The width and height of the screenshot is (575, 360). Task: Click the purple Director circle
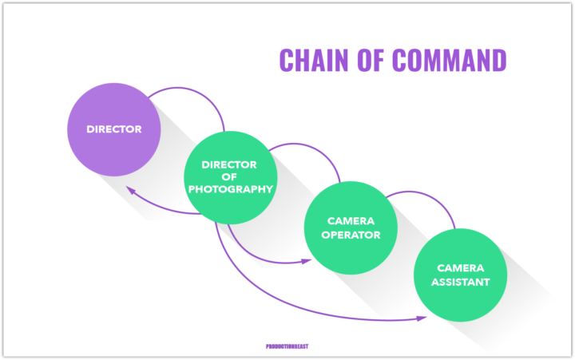click(114, 129)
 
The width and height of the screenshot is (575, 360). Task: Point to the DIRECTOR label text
click(114, 129)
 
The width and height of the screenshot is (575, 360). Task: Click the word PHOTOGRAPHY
click(230, 189)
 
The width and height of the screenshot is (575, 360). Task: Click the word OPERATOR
click(352, 235)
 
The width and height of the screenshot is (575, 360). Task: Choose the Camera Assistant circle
click(460, 275)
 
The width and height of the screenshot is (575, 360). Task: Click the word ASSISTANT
click(460, 282)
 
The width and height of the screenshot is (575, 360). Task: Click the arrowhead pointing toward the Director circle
click(129, 191)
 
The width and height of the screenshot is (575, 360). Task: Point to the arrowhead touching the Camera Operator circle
click(307, 260)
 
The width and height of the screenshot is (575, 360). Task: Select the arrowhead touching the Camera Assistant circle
click(421, 318)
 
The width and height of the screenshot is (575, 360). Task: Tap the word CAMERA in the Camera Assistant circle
click(460, 268)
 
